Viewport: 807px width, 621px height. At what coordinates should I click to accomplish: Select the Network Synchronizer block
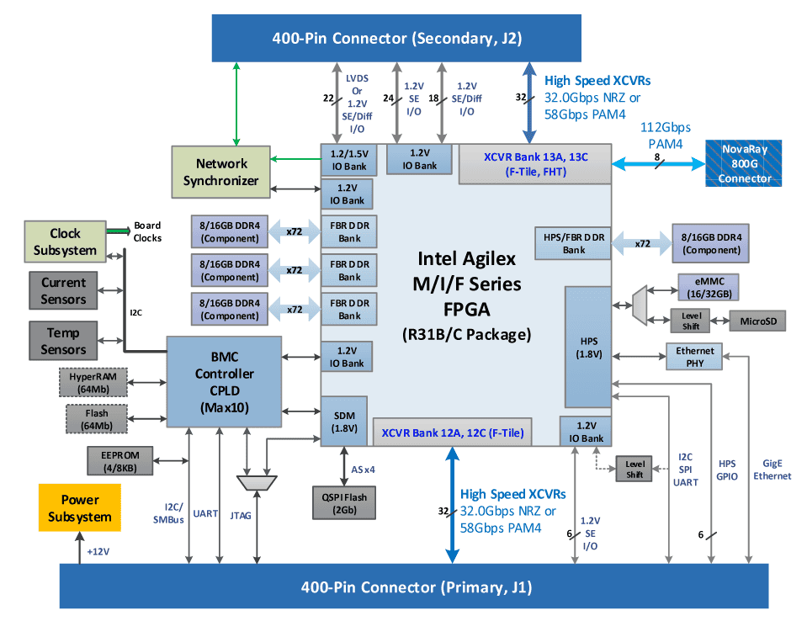(221, 172)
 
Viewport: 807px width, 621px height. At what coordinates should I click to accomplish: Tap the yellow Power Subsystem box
(80, 508)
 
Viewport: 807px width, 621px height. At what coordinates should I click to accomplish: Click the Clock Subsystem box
(65, 241)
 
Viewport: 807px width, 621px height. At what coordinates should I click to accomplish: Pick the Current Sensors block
(64, 290)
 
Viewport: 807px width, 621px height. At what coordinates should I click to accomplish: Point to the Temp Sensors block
(64, 341)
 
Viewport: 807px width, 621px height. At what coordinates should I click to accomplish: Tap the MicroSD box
(757, 321)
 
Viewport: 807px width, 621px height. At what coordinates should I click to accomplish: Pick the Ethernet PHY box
(694, 356)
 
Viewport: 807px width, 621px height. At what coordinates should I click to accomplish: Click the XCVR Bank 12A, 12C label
(453, 433)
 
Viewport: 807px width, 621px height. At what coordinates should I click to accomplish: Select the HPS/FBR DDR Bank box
(574, 243)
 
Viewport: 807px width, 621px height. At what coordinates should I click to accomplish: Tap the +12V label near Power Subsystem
(98, 553)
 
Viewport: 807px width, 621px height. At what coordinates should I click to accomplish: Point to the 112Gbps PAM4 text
(665, 135)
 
